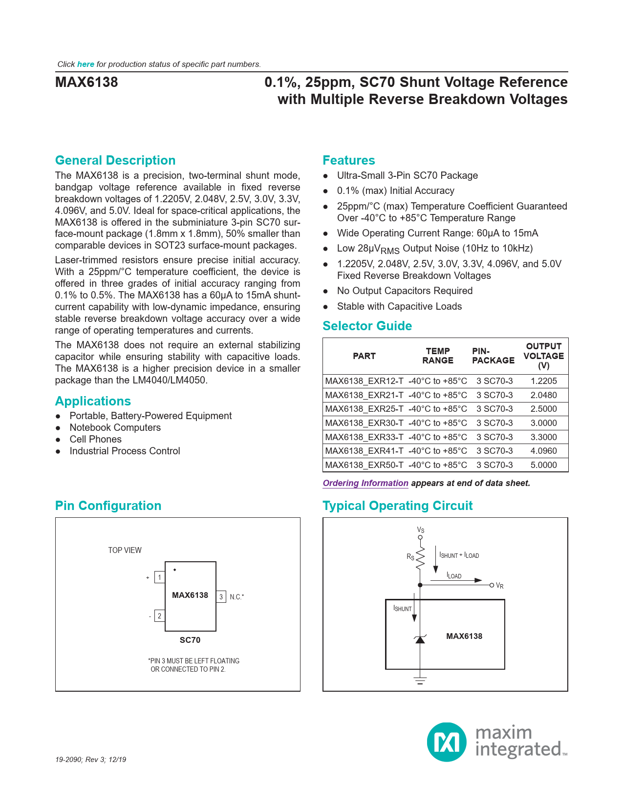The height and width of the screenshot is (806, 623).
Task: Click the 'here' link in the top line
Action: tap(86, 64)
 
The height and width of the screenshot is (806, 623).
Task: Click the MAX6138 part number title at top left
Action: tap(86, 82)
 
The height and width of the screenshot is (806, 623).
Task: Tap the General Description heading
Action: tap(115, 160)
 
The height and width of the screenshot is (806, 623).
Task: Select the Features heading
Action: tap(349, 160)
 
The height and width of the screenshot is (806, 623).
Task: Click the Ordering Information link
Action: tap(365, 483)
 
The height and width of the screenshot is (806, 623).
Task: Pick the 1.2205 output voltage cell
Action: tap(543, 381)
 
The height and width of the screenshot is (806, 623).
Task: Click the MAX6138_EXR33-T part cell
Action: tap(364, 437)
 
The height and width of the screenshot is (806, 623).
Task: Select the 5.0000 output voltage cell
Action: tap(543, 465)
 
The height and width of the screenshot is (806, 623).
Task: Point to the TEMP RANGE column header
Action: tap(438, 356)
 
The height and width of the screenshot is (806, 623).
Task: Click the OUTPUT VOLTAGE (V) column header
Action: tap(543, 356)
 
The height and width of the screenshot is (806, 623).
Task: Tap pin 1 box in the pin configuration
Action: tap(159, 577)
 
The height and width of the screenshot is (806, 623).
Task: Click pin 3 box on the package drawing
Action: tap(221, 596)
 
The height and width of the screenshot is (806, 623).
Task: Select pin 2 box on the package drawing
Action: tap(159, 616)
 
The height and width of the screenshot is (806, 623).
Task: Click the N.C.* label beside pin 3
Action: tap(237, 597)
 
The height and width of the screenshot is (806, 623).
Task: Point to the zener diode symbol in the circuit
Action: tap(420, 639)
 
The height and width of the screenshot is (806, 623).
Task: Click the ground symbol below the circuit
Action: tap(420, 680)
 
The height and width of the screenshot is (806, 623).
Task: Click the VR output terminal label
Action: tap(499, 586)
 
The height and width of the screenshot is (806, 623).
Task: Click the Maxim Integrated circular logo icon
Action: tap(447, 742)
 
